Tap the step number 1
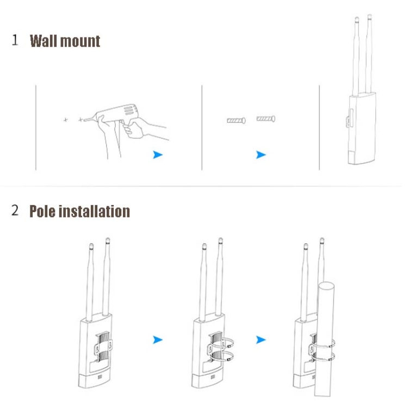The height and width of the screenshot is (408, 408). pyautogui.click(x=15, y=40)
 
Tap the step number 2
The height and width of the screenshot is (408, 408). pyautogui.click(x=15, y=211)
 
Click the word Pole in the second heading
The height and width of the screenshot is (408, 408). pyautogui.click(x=43, y=211)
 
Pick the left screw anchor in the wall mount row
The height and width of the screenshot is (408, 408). pyautogui.click(x=236, y=120)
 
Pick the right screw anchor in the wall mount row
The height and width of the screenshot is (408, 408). pyautogui.click(x=266, y=118)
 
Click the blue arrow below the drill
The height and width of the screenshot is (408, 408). pyautogui.click(x=158, y=155)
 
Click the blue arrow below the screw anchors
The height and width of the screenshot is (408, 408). pyautogui.click(x=261, y=155)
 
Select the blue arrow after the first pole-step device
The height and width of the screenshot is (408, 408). pyautogui.click(x=158, y=340)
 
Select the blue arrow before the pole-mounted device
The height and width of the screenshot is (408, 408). pyautogui.click(x=261, y=340)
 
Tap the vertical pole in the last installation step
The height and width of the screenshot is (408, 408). pyautogui.click(x=325, y=337)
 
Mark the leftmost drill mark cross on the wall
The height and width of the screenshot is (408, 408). pyautogui.click(x=66, y=119)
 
